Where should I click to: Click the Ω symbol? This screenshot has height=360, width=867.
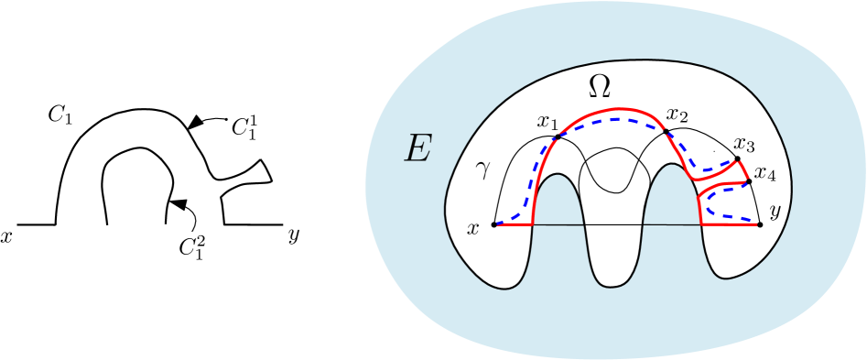click(x=600, y=86)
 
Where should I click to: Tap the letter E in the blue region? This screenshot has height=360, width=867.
click(x=417, y=148)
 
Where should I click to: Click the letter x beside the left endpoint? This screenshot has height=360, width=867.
click(x=473, y=228)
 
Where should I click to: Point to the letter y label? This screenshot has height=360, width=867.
click(x=775, y=211)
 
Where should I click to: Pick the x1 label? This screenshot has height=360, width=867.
click(x=547, y=122)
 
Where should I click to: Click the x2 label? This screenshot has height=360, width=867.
click(x=677, y=115)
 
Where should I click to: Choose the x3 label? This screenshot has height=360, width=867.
click(x=743, y=144)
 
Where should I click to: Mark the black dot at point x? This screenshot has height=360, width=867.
click(x=494, y=224)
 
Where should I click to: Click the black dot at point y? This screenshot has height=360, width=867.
click(x=761, y=224)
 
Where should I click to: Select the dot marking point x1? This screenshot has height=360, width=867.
click(x=556, y=139)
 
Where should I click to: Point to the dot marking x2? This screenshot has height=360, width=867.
click(x=666, y=132)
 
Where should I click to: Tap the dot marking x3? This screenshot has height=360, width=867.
click(x=738, y=159)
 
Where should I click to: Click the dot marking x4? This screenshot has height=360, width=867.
click(x=750, y=181)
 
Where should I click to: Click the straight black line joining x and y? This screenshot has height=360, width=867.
click(x=623, y=224)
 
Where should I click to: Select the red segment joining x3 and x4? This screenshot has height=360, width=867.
click(x=744, y=170)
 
